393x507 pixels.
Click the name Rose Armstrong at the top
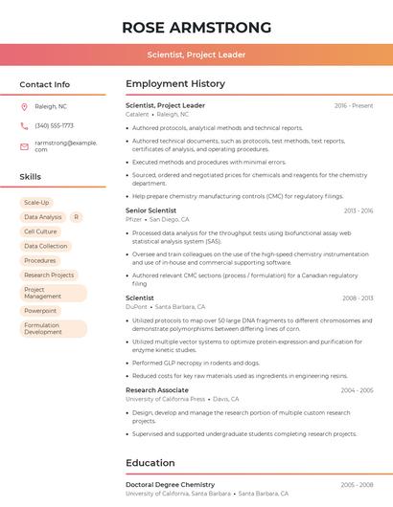pos(196,27)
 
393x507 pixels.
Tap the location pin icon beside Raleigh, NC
pos(24,106)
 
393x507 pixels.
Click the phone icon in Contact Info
pos(24,125)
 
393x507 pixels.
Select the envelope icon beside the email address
pos(24,145)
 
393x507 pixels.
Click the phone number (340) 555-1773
pos(54,125)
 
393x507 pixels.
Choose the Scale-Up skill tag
pos(36,203)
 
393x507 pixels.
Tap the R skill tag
pos(76,217)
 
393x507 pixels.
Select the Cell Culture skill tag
pos(40,231)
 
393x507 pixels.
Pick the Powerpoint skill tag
pos(40,311)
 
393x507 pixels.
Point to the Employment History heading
pos(175,83)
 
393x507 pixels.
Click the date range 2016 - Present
pos(354,105)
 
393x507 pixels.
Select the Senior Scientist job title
pos(150,210)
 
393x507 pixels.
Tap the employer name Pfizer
pos(133,219)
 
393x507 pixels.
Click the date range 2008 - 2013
pos(357,298)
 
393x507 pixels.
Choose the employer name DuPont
pos(137,307)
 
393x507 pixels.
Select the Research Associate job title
pos(157,389)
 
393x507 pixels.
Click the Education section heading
pos(150,463)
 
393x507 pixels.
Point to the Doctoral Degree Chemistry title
pos(171,485)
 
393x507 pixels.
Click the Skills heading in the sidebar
pos(31,177)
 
